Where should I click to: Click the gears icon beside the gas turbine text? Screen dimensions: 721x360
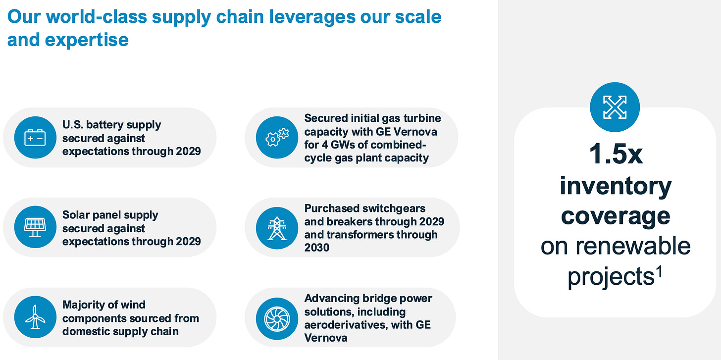[277, 137]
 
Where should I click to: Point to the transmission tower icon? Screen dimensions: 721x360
[277, 228]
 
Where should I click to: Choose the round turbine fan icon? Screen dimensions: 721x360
[277, 317]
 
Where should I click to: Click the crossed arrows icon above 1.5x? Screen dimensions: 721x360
[615, 107]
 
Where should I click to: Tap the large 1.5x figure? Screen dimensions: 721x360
[616, 154]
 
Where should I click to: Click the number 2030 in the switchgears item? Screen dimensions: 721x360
[317, 247]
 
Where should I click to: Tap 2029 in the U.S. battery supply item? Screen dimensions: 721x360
[188, 151]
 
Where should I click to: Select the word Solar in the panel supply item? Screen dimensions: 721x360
[75, 215]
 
